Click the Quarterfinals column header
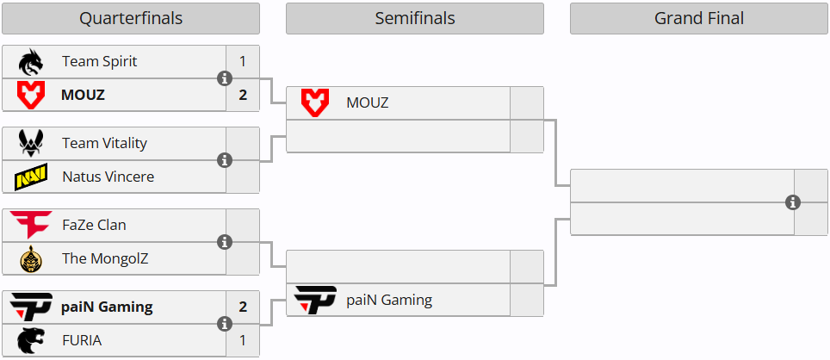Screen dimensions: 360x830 click(131, 18)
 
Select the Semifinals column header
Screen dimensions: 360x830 click(414, 18)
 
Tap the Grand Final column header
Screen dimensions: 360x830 click(698, 18)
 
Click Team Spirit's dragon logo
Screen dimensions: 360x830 click(31, 62)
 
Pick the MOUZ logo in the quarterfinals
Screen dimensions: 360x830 click(31, 95)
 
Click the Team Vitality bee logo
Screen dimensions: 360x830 click(31, 143)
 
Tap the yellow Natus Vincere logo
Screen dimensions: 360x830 click(31, 177)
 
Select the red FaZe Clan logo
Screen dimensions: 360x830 click(31, 225)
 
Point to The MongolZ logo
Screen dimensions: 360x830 click(31, 258)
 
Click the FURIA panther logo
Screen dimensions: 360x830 click(31, 340)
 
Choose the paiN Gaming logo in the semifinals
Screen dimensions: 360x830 click(315, 301)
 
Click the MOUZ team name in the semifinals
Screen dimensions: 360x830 click(368, 103)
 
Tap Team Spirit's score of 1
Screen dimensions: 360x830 click(243, 62)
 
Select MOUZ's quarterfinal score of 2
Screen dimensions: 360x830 click(243, 95)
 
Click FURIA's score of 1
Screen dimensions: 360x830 click(243, 340)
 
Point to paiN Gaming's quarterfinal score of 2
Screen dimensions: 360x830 click(243, 307)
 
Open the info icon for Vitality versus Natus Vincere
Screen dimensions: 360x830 click(226, 160)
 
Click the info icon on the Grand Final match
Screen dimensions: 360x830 click(793, 202)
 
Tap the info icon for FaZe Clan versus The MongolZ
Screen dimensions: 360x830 click(226, 242)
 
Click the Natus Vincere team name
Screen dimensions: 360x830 click(108, 177)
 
